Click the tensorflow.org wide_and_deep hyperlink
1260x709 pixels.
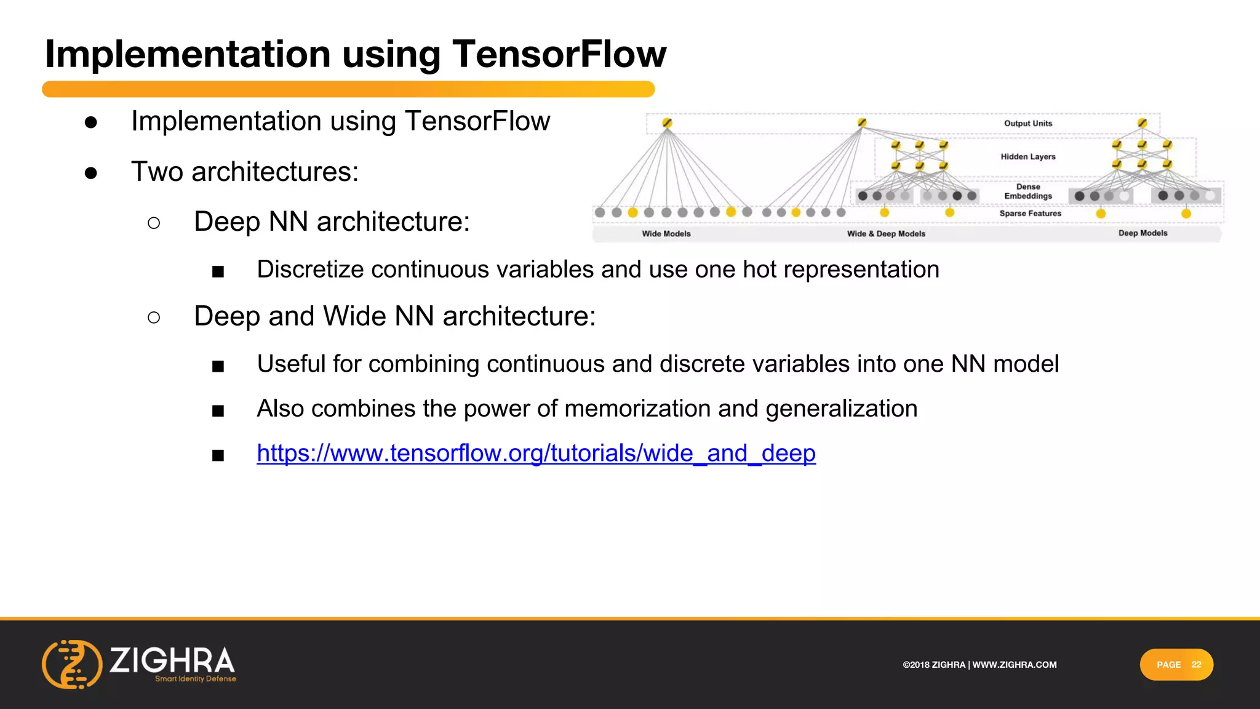pos(536,454)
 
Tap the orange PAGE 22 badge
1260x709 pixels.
pos(1176,665)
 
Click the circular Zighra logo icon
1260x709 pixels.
pos(72,664)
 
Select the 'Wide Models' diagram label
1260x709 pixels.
pos(666,234)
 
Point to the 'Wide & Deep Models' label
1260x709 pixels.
pos(886,234)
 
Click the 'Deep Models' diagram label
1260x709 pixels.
pos(1142,233)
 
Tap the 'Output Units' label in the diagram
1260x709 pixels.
pos(1028,124)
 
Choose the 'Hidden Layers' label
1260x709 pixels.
pos(1027,157)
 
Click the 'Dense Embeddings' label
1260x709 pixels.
pos(1028,191)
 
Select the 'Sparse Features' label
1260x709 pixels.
pos(1030,214)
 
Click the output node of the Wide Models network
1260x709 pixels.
pos(667,123)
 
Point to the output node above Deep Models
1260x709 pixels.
pos(1142,123)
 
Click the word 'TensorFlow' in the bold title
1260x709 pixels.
pos(559,54)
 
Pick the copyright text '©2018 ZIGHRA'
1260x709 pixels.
pos(934,665)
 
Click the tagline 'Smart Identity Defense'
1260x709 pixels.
pos(196,679)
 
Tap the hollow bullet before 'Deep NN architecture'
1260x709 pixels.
pos(154,223)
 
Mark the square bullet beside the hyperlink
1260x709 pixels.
pos(218,455)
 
